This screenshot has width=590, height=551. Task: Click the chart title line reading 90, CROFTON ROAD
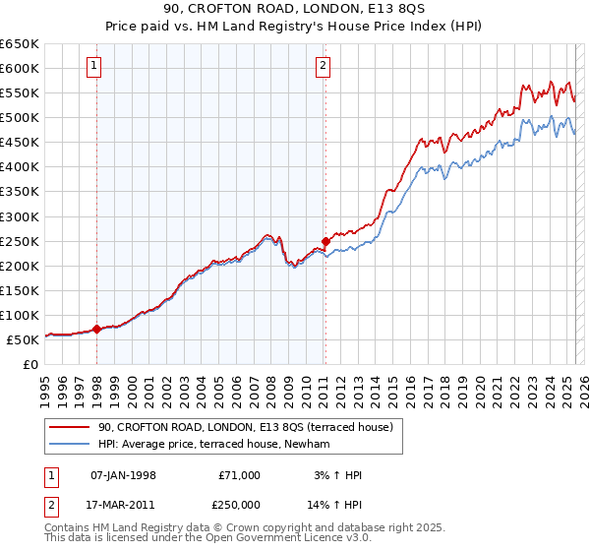coord(295,10)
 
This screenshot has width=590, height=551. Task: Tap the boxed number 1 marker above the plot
coord(94,66)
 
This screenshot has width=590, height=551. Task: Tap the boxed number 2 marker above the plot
coord(324,66)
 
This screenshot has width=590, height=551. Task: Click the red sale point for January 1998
coord(96,329)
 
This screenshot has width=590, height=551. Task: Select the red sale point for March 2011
coord(325,240)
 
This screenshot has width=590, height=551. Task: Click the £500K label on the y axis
coord(20,117)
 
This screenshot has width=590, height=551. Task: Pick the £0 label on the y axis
coord(29,364)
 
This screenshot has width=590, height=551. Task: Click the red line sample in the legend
coord(70,427)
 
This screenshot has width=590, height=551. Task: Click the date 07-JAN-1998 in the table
coord(123,475)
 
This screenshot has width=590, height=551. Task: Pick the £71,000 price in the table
coord(239,475)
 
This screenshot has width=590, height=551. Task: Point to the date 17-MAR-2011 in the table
coord(123,503)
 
